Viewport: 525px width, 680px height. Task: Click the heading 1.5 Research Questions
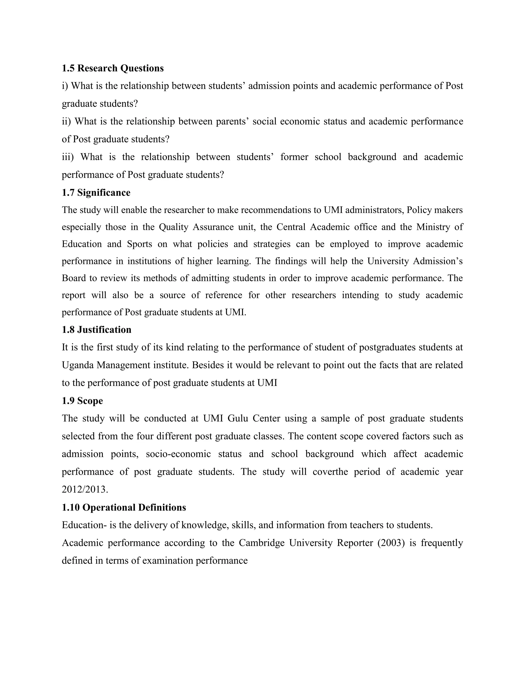tap(113, 68)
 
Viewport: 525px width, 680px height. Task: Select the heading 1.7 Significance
tap(96, 193)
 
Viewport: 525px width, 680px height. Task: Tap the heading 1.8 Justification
tap(96, 330)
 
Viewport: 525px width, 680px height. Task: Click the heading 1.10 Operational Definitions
tap(124, 508)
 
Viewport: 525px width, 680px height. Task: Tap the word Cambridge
tap(261, 543)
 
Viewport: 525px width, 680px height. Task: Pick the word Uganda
tap(78, 365)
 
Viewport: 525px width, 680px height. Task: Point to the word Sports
tap(139, 244)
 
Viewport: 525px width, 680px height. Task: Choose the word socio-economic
tap(178, 454)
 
